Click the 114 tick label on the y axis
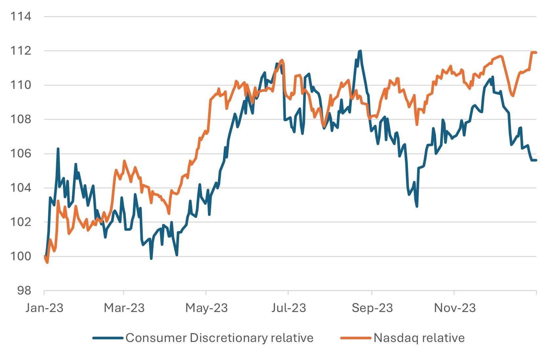click(21, 16)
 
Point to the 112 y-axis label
click(21, 51)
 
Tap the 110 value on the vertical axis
click(21, 85)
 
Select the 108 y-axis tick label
click(21, 119)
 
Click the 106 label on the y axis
click(21, 154)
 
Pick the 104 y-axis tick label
click(21, 188)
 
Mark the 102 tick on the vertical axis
click(21, 222)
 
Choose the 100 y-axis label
click(21, 256)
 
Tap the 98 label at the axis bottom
click(24, 291)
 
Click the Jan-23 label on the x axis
click(44, 308)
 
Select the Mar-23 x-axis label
click(124, 308)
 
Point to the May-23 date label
click(206, 308)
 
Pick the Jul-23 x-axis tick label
click(289, 308)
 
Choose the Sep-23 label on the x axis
click(372, 308)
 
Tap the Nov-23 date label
click(455, 308)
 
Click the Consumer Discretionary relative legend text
click(219, 338)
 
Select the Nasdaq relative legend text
click(419, 338)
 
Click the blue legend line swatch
click(108, 338)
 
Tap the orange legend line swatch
click(356, 338)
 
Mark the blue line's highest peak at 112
click(360, 51)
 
